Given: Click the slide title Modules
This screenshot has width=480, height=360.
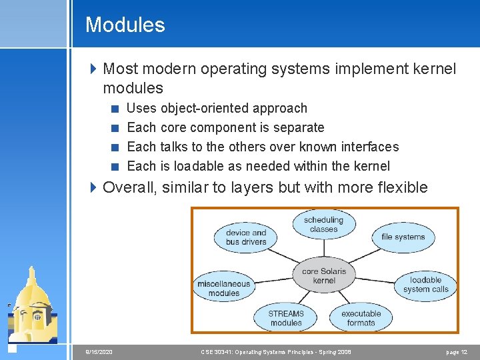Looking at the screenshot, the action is (125, 25).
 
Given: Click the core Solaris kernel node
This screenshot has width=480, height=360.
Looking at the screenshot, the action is (324, 275).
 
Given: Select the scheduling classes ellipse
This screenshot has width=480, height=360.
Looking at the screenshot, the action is (323, 225).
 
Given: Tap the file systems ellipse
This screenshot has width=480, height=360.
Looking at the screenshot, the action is (403, 237).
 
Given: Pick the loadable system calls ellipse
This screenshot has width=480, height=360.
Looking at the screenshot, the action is (425, 285).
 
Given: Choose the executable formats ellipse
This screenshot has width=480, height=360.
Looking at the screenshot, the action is (361, 318).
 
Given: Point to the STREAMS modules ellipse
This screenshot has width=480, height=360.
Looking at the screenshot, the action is (286, 318).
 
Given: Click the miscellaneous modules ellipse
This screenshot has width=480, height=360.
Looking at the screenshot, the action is (223, 288).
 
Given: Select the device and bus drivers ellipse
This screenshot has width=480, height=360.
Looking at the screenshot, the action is (245, 237).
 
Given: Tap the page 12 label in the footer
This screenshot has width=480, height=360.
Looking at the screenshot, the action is (456, 351).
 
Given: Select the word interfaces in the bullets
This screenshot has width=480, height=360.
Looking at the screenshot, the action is (369, 147).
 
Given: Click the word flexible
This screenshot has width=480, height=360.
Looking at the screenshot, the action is (399, 187).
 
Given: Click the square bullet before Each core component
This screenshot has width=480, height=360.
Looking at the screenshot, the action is (115, 128).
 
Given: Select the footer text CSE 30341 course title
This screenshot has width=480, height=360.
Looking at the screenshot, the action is (276, 351).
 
